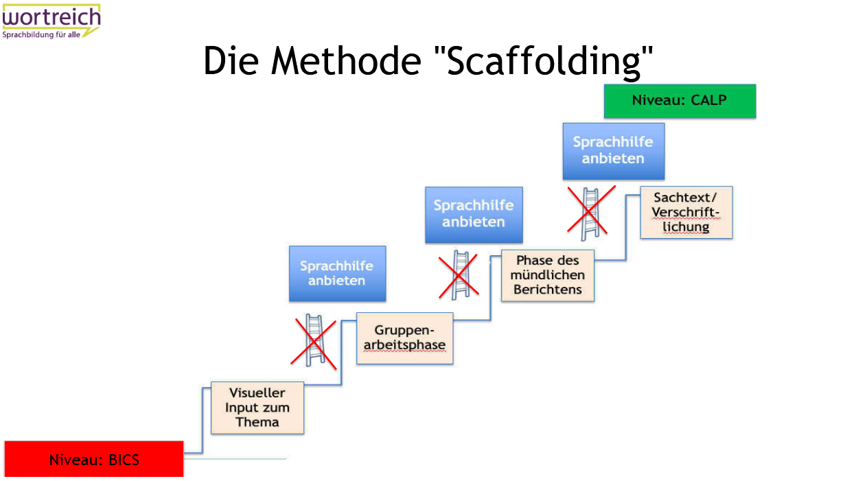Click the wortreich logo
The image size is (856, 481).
(51, 21)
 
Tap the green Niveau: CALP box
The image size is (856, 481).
(680, 102)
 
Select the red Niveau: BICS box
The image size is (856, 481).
(94, 459)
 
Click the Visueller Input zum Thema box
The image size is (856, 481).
(257, 408)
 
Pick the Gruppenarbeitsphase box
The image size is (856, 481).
(405, 338)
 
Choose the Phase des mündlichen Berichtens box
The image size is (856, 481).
(548, 275)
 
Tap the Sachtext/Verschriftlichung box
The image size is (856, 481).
(686, 213)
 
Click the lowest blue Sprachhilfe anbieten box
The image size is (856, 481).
(338, 274)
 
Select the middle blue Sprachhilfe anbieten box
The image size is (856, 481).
(474, 215)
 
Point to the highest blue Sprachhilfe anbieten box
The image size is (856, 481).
(614, 151)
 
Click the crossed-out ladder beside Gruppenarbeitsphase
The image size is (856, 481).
(314, 340)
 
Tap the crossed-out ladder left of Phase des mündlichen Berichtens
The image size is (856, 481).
(459, 275)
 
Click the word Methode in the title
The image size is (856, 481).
(346, 61)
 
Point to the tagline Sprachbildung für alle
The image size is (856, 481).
(41, 35)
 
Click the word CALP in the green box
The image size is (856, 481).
(708, 100)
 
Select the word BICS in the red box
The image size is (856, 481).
(124, 460)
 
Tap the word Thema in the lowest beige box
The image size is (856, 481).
(257, 422)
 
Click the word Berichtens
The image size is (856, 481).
(548, 290)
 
